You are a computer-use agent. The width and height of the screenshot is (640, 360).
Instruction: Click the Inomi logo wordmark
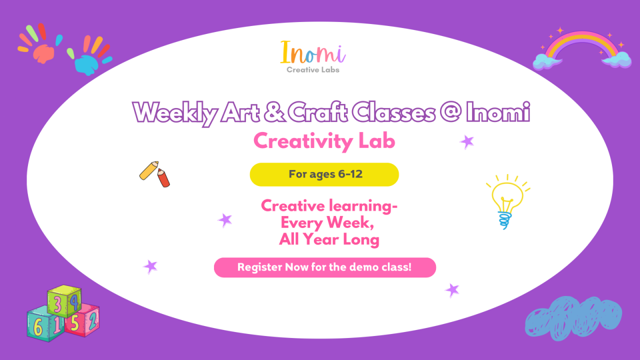[313, 52]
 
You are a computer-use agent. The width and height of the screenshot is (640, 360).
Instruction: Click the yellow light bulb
[506, 200]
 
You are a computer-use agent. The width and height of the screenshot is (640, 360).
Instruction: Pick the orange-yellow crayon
[148, 170]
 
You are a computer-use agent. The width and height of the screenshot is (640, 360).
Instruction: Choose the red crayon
[163, 177]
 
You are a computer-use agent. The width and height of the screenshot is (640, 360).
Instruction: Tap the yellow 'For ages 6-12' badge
[324, 174]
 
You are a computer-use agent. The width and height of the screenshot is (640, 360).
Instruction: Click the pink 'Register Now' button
[324, 267]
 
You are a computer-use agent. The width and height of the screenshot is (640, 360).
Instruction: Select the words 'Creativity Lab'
[324, 141]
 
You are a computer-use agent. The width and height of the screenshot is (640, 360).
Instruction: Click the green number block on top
[64, 301]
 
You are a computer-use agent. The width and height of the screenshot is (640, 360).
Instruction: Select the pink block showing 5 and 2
[83, 320]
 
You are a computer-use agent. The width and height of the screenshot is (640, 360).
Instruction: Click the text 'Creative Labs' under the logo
[313, 70]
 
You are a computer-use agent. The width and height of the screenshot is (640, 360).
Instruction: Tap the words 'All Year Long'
[329, 240]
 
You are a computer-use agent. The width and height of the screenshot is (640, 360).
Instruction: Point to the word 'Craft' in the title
[318, 112]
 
